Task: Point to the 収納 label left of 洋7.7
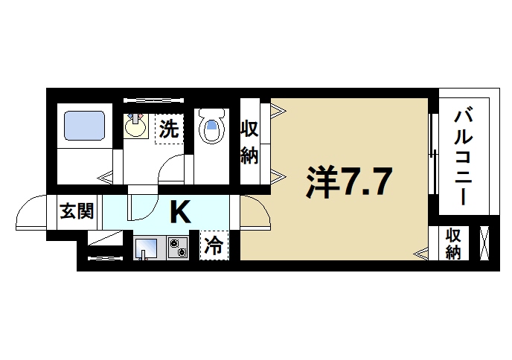249,142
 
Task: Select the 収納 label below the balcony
453,243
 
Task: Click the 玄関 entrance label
76,212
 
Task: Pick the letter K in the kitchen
180,212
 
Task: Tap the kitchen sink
147,248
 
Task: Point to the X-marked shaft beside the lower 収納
484,243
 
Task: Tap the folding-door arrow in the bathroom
106,177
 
